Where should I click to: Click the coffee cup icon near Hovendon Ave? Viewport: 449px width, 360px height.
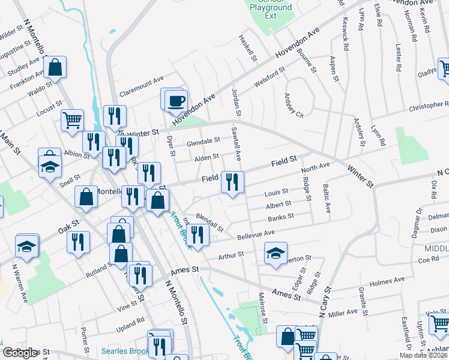coord(176,100)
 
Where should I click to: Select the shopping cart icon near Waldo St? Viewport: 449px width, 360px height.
coord(72,119)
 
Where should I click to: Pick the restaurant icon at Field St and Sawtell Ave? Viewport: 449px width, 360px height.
coord(232,182)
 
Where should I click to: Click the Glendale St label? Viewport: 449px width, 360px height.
coord(203,142)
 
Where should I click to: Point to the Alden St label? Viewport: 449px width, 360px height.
coord(207,158)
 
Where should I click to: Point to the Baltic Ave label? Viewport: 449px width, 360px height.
coord(328,199)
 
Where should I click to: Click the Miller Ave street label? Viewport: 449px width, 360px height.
coord(343,313)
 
